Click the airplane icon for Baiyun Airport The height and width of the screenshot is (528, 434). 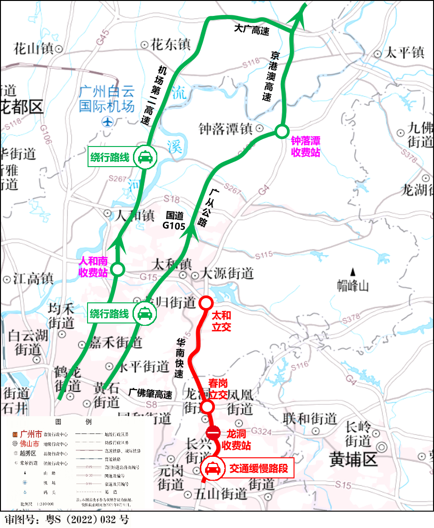click(108, 122)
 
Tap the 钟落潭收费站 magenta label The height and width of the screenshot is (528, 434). click(305, 146)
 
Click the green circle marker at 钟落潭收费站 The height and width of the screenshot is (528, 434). click(281, 132)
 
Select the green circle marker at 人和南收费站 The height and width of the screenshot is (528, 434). click(118, 269)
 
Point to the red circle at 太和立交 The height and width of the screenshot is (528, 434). click(206, 303)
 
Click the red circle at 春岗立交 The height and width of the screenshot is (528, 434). click(208, 406)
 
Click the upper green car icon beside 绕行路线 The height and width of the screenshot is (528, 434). click(145, 157)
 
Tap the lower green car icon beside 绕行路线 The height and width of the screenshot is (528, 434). click(145, 314)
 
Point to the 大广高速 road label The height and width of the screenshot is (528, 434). click(252, 29)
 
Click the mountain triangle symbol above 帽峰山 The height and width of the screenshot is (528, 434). click(353, 271)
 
